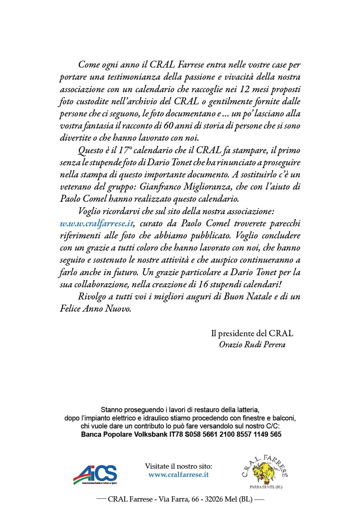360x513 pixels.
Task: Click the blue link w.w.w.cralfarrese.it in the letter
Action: tap(96, 224)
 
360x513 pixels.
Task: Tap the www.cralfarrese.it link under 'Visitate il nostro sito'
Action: tap(178, 475)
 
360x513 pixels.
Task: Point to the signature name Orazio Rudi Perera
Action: tap(252, 345)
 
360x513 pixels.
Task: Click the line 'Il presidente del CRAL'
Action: tap(252, 333)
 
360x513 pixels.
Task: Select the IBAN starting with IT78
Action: tap(225, 434)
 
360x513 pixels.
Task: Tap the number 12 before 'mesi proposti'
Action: tap(245, 89)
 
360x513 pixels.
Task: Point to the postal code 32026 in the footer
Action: tap(214, 499)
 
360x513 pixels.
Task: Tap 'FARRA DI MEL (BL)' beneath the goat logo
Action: tap(266, 487)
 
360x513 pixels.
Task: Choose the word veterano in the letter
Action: tap(76, 187)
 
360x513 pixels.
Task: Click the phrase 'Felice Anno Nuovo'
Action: tap(95, 309)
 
